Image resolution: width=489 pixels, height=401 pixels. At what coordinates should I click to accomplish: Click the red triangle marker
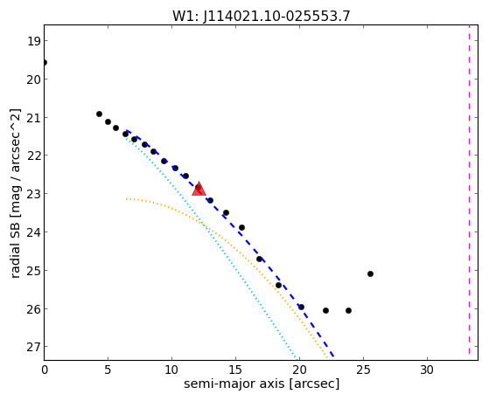tap(199, 189)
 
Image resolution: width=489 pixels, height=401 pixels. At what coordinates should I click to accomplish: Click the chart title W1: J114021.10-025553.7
tap(262, 17)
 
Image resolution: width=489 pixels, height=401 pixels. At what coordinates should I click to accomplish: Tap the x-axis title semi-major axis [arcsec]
tap(262, 384)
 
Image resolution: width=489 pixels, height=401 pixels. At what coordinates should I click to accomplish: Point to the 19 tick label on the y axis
tap(34, 41)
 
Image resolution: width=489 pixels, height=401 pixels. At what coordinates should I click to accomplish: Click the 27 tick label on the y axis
tap(34, 347)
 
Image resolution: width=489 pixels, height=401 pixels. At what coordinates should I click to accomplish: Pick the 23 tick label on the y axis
tap(34, 194)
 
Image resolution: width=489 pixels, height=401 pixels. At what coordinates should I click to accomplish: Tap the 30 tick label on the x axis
tap(427, 370)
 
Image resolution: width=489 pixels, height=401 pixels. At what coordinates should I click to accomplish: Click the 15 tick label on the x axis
tap(235, 370)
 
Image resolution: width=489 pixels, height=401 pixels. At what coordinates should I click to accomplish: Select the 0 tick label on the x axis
tap(45, 370)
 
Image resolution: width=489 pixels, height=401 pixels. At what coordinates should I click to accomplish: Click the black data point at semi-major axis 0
tap(45, 63)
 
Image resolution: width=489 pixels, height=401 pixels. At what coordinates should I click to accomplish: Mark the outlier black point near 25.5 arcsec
tap(370, 273)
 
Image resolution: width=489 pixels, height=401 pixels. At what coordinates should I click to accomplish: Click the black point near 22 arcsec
tap(325, 311)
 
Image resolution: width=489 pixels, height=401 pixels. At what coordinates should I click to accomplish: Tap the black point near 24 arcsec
tap(348, 311)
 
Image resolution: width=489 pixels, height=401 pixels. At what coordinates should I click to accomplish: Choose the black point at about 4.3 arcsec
tap(99, 114)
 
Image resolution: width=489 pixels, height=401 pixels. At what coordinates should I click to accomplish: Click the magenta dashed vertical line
tap(469, 190)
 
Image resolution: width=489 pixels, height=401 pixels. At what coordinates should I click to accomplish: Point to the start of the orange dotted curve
tap(126, 199)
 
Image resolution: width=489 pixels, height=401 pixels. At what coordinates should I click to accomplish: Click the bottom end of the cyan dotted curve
tap(297, 357)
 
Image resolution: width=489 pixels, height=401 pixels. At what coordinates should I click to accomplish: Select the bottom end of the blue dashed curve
tap(333, 356)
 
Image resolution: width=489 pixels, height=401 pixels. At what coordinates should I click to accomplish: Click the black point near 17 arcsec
tap(259, 259)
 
